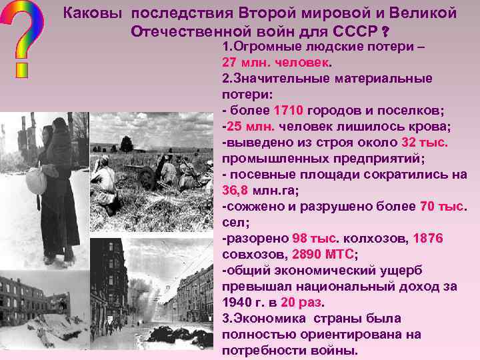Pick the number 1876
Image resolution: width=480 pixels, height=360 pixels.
point(427,238)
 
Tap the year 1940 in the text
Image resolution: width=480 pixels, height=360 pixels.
point(237,302)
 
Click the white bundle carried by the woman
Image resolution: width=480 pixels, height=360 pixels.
point(35,179)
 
